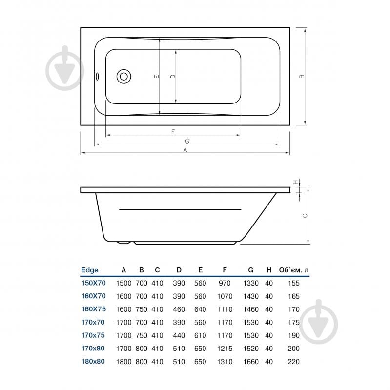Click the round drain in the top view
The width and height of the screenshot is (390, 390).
(x=123, y=76)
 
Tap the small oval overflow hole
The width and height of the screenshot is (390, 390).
(x=97, y=77)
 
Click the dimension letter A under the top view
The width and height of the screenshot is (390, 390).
(x=185, y=150)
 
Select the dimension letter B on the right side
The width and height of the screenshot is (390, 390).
(x=302, y=76)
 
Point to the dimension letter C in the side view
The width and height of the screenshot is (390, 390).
(x=304, y=216)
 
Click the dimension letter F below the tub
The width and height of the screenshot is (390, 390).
(x=173, y=132)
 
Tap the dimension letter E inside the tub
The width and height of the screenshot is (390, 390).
(x=156, y=77)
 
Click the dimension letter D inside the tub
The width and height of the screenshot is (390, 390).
(x=172, y=77)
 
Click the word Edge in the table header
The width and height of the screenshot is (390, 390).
(x=89, y=270)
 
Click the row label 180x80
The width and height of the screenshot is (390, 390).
(x=93, y=362)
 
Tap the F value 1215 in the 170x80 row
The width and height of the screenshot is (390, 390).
(x=225, y=349)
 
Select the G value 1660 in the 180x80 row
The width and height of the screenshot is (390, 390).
(x=250, y=362)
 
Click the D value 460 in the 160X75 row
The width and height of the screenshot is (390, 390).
(x=179, y=309)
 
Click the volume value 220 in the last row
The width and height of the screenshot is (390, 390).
(x=293, y=362)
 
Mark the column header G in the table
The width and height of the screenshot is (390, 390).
(x=250, y=270)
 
